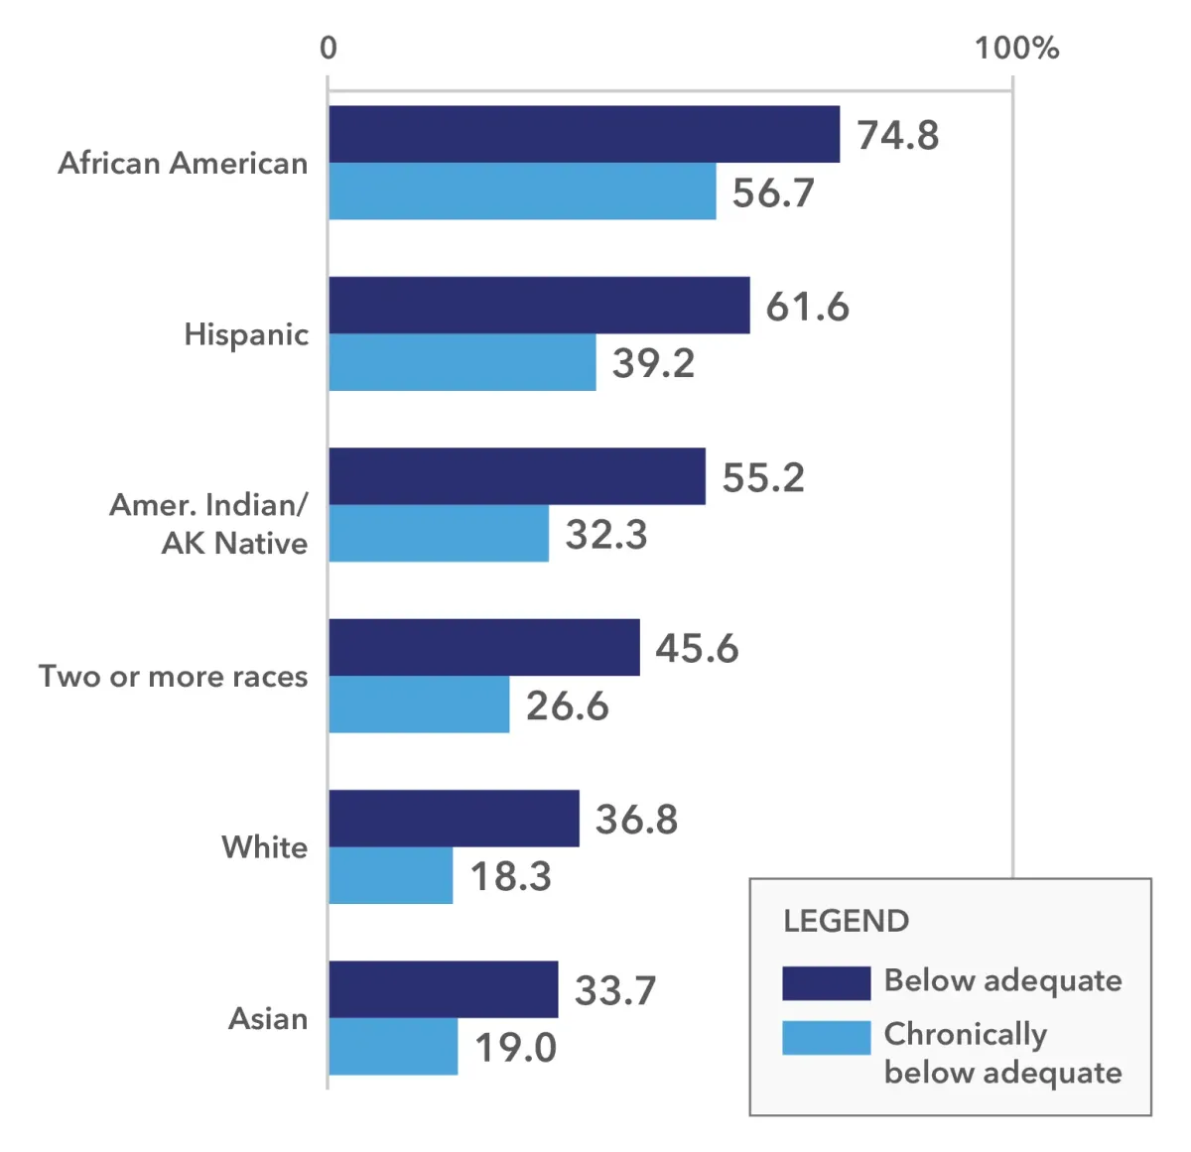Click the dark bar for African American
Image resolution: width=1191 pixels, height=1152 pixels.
point(584,134)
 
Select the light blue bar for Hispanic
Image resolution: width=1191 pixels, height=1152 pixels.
point(463,362)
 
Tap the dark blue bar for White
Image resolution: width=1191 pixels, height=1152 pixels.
point(454,819)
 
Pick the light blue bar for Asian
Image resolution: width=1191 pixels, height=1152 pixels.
point(393,1047)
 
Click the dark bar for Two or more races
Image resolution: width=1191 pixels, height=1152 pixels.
point(484,647)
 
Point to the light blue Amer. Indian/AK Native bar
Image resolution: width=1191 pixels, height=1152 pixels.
point(439,534)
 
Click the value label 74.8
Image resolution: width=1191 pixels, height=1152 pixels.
point(897,135)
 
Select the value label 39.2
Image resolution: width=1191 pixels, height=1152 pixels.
point(653,363)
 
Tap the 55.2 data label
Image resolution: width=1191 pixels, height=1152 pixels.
point(762,477)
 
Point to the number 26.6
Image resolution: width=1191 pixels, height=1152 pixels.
point(567,705)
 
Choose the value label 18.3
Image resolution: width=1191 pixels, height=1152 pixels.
point(510,876)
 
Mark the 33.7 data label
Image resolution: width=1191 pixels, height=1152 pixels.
point(615,990)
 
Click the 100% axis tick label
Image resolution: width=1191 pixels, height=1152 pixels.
point(1016,48)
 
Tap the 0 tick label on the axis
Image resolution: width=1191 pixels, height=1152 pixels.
point(329,48)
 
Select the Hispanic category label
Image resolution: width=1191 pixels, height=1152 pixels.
point(246,334)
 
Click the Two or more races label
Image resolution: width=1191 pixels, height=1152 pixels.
point(174,677)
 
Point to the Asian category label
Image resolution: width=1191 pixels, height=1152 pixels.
point(268,1019)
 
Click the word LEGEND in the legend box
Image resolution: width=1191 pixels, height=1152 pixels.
point(846,921)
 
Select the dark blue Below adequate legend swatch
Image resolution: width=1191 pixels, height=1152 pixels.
point(826,982)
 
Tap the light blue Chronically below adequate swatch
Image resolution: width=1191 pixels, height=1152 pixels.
point(826,1038)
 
